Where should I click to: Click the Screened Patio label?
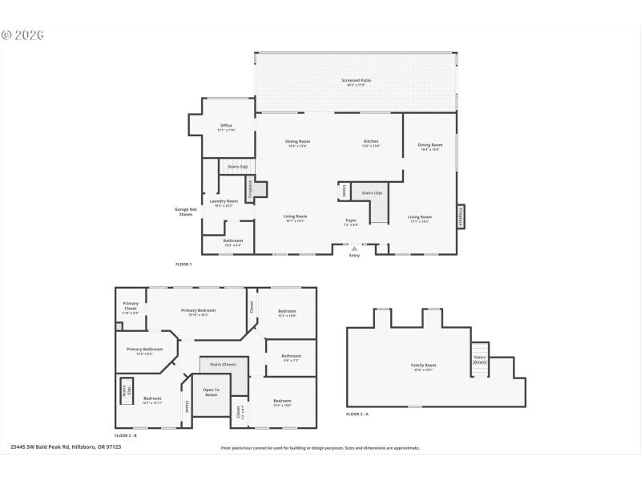pos(355,80)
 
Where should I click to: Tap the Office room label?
pos(227,125)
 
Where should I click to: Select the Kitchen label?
pos(371,141)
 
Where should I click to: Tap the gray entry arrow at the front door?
pos(354,249)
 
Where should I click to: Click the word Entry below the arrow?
pos(354,256)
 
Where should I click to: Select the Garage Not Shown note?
pos(185,212)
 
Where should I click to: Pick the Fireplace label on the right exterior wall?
pos(460,216)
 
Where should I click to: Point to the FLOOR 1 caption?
pos(183,264)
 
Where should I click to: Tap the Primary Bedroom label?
pos(198,310)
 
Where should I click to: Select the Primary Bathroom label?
pos(145,350)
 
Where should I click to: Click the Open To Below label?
pos(211,393)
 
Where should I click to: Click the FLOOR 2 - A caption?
pos(357,414)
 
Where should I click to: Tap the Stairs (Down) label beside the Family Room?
pos(480,359)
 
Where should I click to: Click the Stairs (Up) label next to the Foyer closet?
pos(373,193)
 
